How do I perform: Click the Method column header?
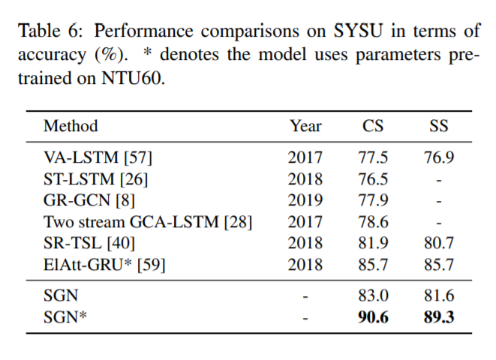[x=71, y=125]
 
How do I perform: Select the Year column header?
[x=305, y=125]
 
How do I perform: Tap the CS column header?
[x=373, y=125]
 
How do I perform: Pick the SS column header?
[x=438, y=125]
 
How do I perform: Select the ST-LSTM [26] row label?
[x=95, y=179]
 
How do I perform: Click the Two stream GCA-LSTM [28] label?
[x=147, y=222]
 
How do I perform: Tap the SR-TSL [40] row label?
[x=89, y=243]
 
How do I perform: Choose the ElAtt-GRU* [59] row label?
[x=104, y=265]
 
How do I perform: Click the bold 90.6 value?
[x=373, y=317]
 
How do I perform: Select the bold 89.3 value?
[x=438, y=317]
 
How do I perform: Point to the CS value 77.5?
[x=373, y=157]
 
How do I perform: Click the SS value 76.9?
[x=438, y=157]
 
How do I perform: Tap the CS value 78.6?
[x=373, y=222]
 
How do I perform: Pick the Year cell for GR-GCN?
[x=305, y=200]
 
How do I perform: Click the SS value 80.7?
[x=438, y=243]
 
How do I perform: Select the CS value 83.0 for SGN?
[x=373, y=296]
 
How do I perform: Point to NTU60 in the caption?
[x=130, y=78]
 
